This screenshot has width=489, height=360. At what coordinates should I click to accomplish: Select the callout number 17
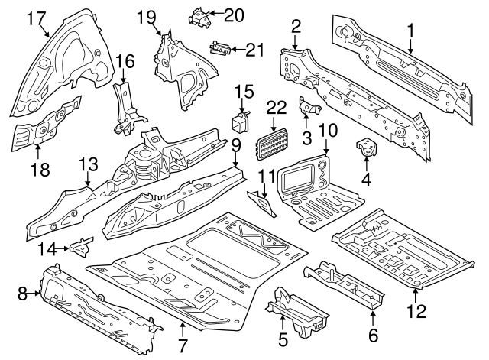(x=36, y=18)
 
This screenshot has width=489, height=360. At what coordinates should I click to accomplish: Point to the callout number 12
(x=415, y=311)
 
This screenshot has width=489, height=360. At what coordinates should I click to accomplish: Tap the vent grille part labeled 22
(x=272, y=142)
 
